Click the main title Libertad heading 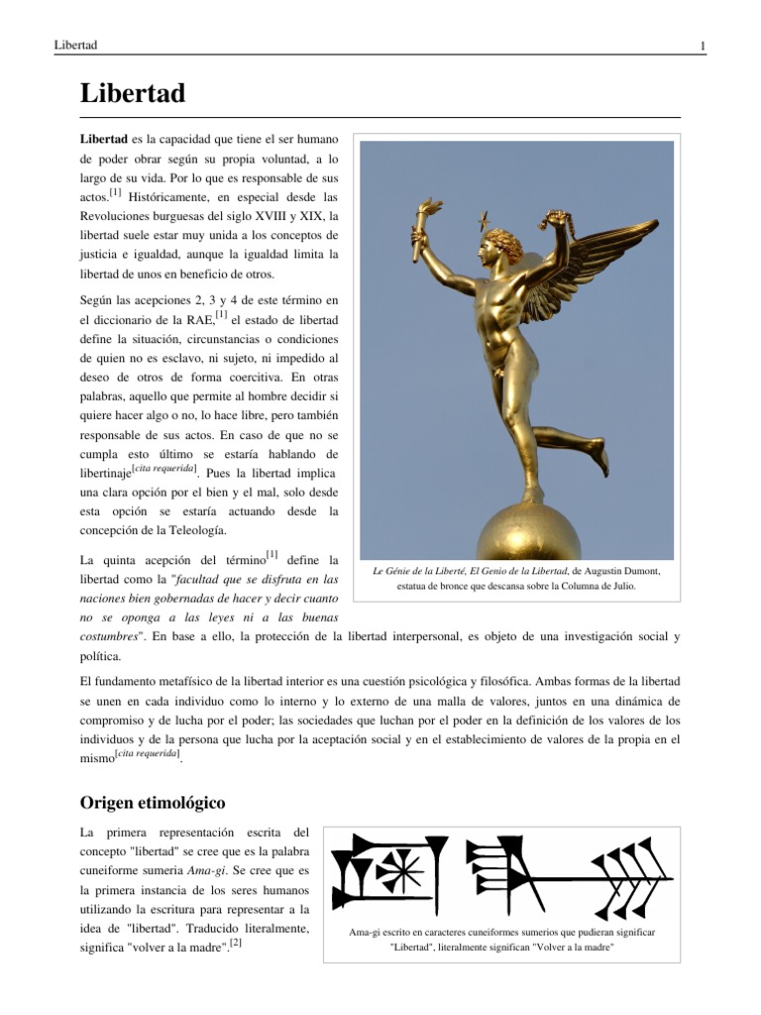132,94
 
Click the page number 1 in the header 702,47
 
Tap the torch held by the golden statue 430,218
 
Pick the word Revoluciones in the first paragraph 121,217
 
